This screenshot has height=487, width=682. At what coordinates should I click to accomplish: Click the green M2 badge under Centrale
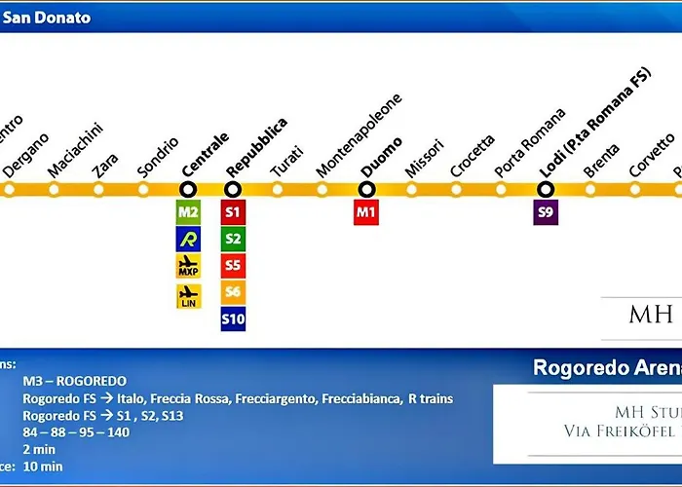pos(188,211)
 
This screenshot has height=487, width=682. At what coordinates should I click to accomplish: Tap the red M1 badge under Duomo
pos(366,211)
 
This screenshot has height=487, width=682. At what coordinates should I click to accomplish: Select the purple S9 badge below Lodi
pos(546,211)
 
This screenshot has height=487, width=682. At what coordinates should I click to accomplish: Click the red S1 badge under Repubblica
pos(233,211)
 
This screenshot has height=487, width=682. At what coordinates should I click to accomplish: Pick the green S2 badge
pos(233,239)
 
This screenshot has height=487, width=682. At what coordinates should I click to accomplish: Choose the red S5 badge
pos(233,265)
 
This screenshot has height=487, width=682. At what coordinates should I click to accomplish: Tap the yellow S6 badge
pos(233,292)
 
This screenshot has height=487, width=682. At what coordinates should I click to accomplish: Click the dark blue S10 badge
pos(233,318)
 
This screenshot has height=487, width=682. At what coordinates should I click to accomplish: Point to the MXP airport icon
pos(188,266)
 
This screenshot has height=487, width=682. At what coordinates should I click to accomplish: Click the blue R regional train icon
pos(188,239)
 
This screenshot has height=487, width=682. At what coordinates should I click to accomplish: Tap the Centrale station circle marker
pos(188,189)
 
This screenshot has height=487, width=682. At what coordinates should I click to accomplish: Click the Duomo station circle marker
pos(367,189)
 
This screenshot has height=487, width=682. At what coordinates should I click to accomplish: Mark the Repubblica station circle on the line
pos(233,189)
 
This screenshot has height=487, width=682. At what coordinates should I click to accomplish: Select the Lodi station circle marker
pos(546,189)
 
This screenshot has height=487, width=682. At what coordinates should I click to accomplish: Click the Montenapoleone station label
pos(359,136)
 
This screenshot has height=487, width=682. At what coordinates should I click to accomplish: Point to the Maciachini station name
pos(74,150)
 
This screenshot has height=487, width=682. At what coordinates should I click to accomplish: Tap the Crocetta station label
pos(472,155)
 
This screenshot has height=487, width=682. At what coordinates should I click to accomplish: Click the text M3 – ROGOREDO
pos(75,381)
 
